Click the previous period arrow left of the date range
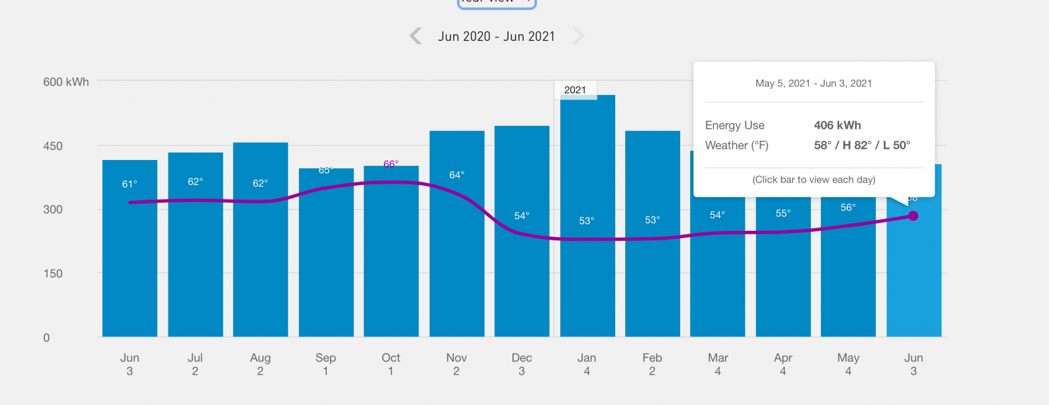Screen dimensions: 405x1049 (415, 36)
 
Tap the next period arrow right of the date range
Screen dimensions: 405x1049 (578, 36)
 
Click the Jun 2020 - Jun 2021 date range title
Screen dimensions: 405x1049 (496, 36)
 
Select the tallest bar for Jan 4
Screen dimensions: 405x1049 (587, 262)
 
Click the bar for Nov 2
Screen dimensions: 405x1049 (457, 262)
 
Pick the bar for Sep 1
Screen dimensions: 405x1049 (326, 262)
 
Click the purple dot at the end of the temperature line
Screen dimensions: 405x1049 (913, 216)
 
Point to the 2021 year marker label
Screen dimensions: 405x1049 (575, 90)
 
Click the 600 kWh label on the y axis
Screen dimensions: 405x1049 (66, 82)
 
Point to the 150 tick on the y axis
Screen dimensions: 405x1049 (53, 273)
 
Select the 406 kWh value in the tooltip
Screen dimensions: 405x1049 (837, 125)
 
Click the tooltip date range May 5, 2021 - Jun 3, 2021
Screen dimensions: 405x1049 (813, 83)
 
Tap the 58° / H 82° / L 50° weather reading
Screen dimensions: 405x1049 (862, 145)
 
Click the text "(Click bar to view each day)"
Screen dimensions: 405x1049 (813, 179)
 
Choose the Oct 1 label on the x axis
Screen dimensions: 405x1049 (391, 364)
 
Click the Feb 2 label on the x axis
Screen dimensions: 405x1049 (652, 364)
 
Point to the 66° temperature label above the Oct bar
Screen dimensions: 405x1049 (391, 164)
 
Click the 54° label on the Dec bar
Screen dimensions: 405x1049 (521, 216)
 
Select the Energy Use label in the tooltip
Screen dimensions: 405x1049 (734, 125)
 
